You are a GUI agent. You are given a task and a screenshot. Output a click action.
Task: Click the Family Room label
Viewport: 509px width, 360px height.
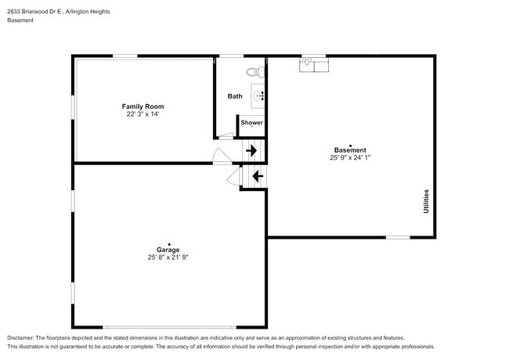tap(143, 106)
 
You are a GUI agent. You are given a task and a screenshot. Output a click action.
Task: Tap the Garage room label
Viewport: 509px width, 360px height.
tap(168, 250)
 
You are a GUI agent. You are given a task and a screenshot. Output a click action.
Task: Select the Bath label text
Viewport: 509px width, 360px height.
tap(235, 96)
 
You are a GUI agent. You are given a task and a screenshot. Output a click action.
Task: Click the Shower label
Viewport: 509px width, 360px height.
tap(251, 123)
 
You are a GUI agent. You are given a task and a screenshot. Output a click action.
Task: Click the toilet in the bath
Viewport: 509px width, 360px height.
tap(252, 72)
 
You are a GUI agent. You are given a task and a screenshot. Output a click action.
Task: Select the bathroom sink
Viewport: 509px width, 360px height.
tap(259, 96)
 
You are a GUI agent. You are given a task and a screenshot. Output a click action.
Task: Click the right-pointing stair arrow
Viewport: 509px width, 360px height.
tap(251, 150)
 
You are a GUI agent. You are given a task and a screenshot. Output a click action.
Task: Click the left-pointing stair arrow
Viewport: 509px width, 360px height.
tap(255, 177)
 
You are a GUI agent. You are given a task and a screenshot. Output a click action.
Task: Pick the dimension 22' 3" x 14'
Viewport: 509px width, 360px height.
tap(143, 114)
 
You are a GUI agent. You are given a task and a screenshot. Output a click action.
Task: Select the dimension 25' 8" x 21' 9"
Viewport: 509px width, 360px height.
tap(168, 257)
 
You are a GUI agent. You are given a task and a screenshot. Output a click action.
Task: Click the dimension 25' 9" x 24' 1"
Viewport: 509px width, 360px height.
tap(349, 157)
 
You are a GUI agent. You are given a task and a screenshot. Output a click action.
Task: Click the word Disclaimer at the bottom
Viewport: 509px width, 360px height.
tap(24, 336)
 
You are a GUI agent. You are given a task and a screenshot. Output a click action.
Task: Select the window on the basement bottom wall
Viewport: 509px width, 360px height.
tap(398, 237)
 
